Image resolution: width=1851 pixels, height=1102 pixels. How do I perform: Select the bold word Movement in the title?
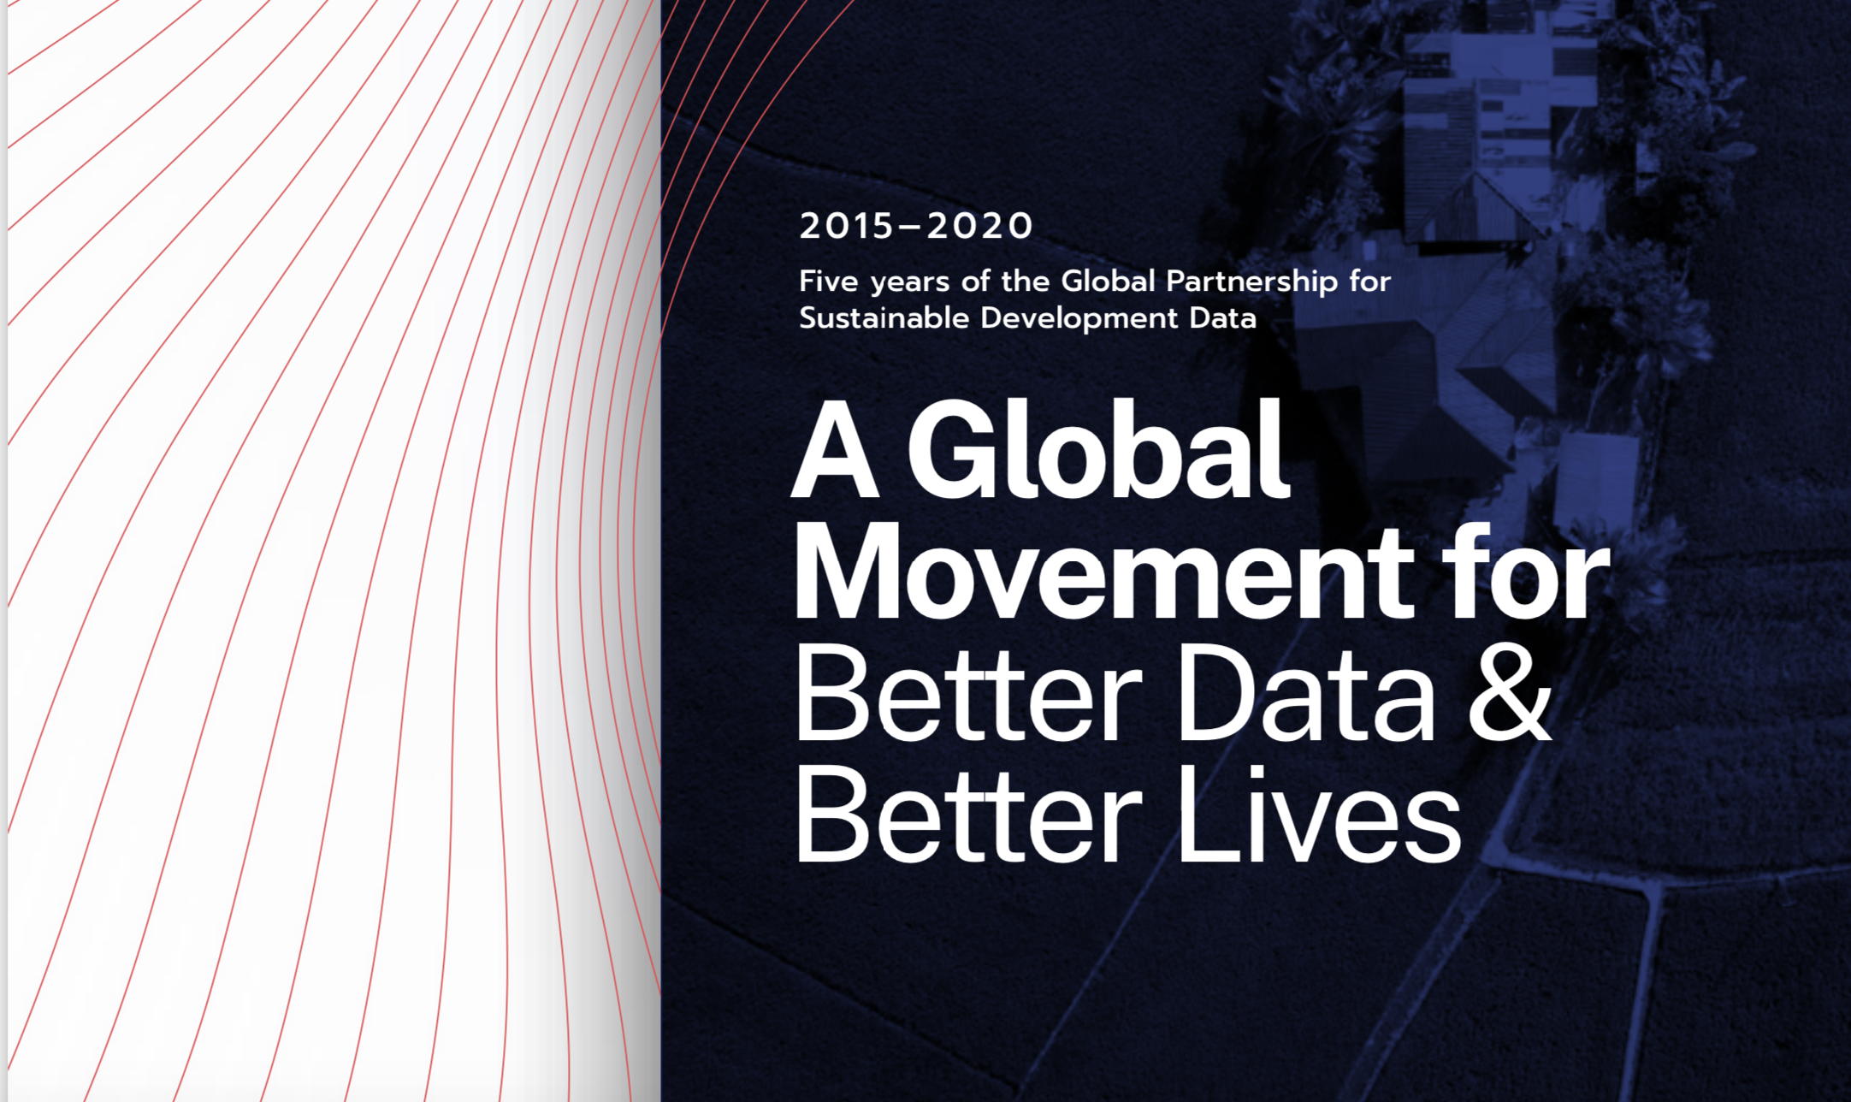[1103, 572]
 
